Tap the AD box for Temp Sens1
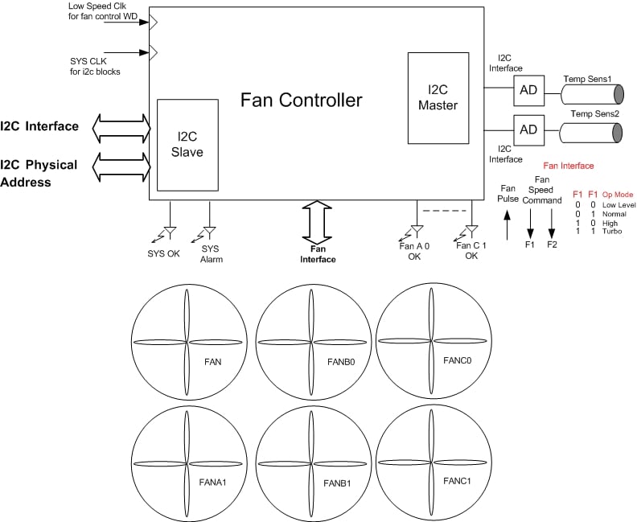point(528,90)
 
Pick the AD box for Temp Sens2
point(528,128)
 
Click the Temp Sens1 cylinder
point(592,92)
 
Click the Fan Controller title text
point(302,101)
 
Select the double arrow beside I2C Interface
point(121,126)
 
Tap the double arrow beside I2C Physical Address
point(121,168)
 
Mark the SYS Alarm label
point(210,254)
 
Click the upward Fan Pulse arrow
point(507,224)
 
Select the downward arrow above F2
point(552,220)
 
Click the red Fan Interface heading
point(569,166)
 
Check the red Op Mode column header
point(619,195)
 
